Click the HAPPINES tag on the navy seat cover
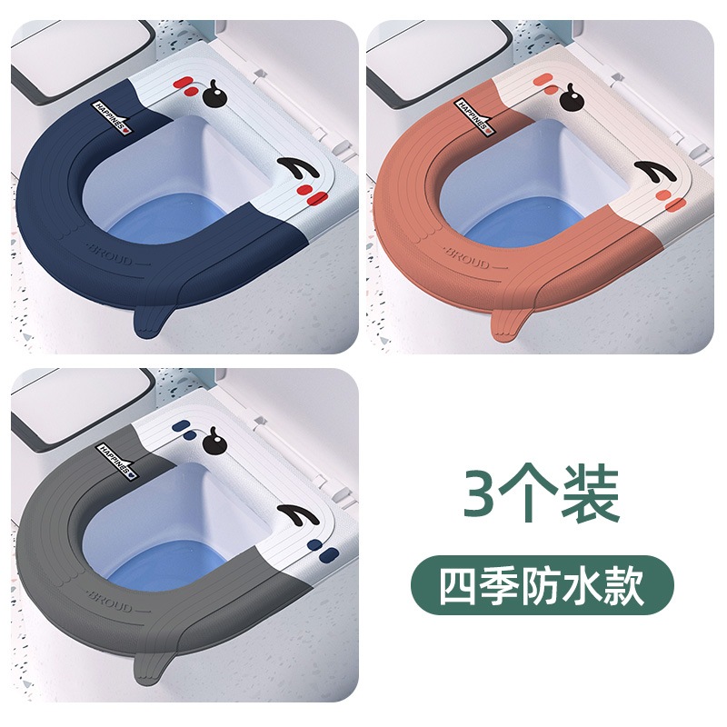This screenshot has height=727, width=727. [113, 117]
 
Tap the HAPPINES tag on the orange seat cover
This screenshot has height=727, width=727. [473, 117]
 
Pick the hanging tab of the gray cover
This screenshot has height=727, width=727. [152, 668]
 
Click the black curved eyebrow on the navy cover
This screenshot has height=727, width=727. [298, 169]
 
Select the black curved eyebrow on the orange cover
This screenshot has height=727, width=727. [655, 173]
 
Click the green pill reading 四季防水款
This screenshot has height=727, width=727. [542, 585]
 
